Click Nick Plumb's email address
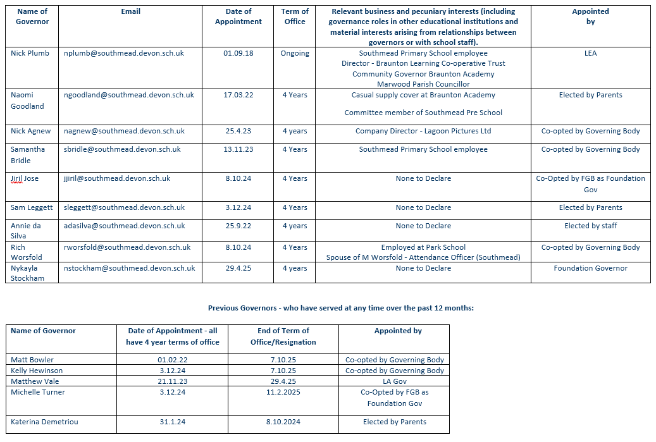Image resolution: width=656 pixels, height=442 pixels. point(124,53)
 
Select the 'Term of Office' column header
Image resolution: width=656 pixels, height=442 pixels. point(295,16)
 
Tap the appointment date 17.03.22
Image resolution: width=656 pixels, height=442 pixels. point(238,95)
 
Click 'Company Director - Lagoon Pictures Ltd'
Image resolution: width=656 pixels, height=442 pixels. point(423,131)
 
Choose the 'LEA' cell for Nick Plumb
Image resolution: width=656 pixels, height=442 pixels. point(590,53)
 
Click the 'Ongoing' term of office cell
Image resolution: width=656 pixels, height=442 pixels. point(295,53)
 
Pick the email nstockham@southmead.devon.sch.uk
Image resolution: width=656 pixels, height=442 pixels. point(130,268)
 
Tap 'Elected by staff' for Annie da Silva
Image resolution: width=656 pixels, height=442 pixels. point(590,226)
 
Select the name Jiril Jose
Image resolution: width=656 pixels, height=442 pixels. point(25,178)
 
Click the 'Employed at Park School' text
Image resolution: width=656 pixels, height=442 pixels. point(423,247)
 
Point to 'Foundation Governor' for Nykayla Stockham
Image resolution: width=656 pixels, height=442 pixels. point(590,268)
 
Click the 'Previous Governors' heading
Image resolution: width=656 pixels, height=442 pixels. point(341,308)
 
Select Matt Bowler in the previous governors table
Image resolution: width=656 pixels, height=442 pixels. point(32,360)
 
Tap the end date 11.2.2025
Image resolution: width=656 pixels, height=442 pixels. point(283,392)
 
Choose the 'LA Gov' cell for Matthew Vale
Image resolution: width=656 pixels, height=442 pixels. point(394,381)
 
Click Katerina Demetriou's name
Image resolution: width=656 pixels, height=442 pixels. point(44,422)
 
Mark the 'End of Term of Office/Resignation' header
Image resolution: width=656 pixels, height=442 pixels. point(283,336)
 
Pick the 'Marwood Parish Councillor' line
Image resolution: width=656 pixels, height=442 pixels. point(423,84)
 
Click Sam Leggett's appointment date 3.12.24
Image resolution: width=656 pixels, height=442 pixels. point(238,207)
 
